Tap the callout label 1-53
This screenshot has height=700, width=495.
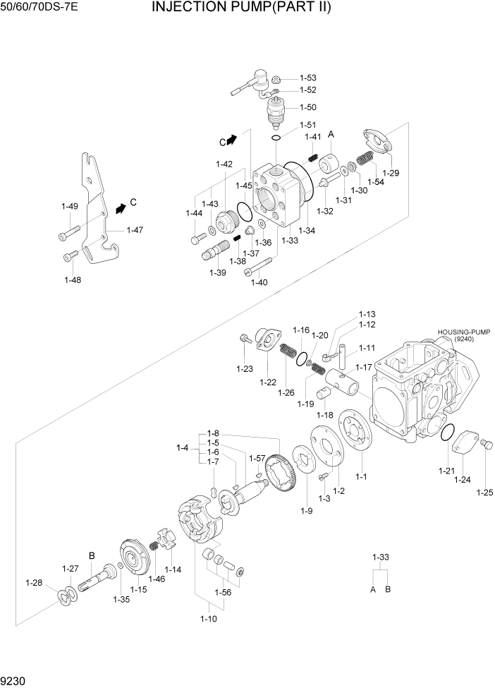pos(308,78)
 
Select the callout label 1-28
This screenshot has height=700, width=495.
pos(35,582)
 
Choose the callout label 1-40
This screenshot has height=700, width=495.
pos(259,283)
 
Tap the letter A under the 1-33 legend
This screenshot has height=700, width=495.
pos(373,589)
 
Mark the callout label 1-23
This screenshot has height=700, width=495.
pos(244,368)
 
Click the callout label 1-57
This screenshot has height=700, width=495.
pos(256,458)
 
